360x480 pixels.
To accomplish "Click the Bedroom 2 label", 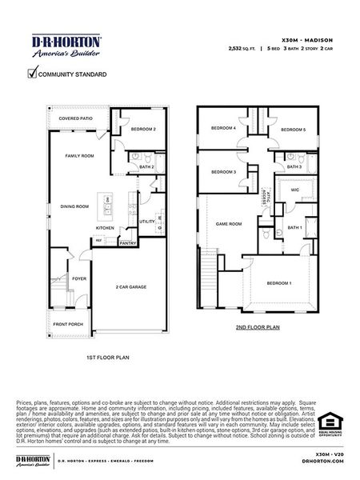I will tap(143, 129).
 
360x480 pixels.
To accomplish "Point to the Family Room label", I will tap(80, 156).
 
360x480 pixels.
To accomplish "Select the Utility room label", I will tap(147, 221).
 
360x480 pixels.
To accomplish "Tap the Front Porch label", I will tap(68, 323).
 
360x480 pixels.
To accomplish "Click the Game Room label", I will tap(229, 224).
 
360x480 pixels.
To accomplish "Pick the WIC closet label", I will tap(294, 190).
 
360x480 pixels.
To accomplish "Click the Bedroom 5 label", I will tap(293, 130).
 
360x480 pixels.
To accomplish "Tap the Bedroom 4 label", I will tap(223, 128).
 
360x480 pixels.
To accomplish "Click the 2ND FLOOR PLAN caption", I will tap(258, 327).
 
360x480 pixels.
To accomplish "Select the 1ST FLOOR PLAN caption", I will tap(107, 358).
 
